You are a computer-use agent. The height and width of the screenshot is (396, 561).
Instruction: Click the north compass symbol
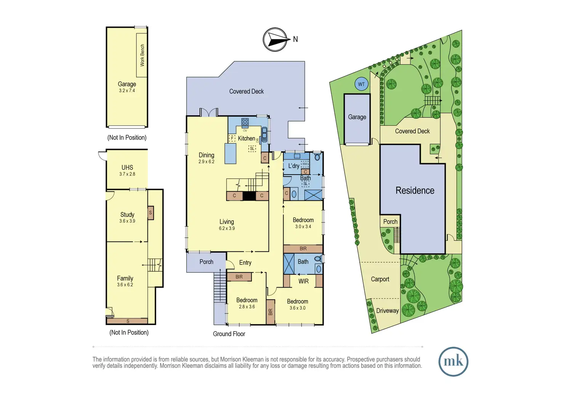pyautogui.click(x=275, y=39)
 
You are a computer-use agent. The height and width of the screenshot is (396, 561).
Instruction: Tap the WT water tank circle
pyautogui.click(x=361, y=84)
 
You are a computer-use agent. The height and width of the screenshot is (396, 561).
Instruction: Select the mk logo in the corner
pyautogui.click(x=453, y=361)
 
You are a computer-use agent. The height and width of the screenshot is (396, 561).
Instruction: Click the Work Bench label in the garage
pyautogui.click(x=142, y=55)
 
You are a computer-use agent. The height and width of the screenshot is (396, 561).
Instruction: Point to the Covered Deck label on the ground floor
pyautogui.click(x=246, y=91)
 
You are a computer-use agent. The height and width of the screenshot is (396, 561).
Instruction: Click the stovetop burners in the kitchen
pyautogui.click(x=245, y=122)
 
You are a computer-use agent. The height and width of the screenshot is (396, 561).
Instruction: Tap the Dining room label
pyautogui.click(x=206, y=155)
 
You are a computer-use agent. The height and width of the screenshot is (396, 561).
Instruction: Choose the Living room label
pyautogui.click(x=226, y=222)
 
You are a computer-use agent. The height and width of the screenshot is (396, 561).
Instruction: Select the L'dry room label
pyautogui.click(x=293, y=166)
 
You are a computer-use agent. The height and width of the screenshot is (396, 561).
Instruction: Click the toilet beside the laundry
pyautogui.click(x=317, y=157)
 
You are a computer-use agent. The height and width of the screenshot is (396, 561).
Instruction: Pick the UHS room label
pyautogui.click(x=127, y=167)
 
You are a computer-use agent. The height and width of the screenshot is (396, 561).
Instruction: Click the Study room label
pyautogui.click(x=127, y=215)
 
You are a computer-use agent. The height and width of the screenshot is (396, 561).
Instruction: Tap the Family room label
pyautogui.click(x=125, y=278)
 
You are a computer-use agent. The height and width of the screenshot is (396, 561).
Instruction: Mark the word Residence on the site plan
pyautogui.click(x=415, y=191)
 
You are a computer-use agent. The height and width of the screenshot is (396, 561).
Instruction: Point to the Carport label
pyautogui.click(x=380, y=279)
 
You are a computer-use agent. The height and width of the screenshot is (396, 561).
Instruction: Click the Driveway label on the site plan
pyautogui.click(x=387, y=311)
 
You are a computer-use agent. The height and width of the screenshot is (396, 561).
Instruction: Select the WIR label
pyautogui.click(x=303, y=281)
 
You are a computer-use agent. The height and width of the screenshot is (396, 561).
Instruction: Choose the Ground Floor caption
pyautogui.click(x=229, y=334)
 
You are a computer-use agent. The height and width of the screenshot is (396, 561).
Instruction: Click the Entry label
pyautogui.click(x=245, y=262)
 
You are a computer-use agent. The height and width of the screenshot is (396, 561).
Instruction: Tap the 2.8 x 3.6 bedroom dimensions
pyautogui.click(x=247, y=307)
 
